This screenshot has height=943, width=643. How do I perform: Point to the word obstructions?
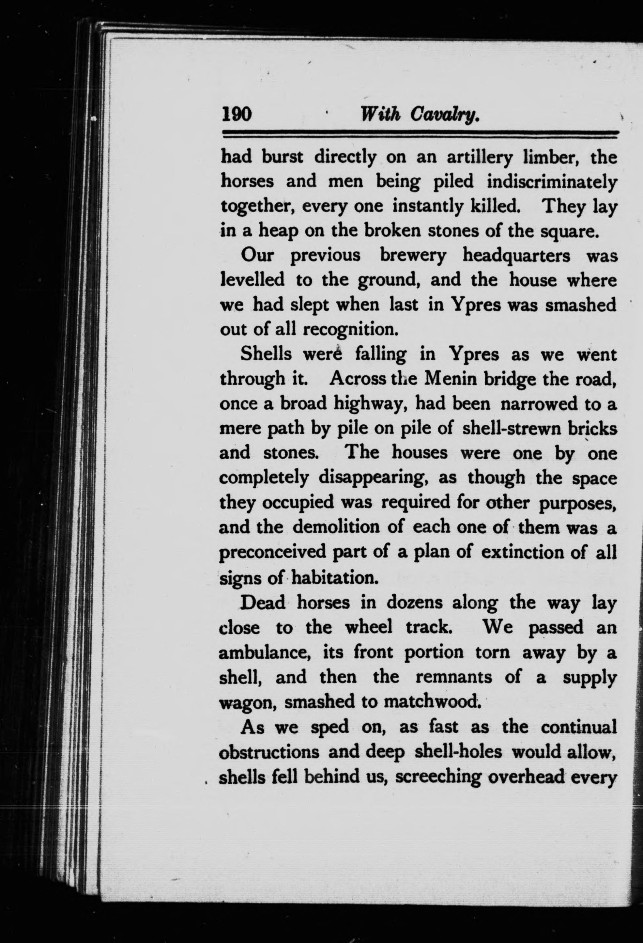(269, 752)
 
